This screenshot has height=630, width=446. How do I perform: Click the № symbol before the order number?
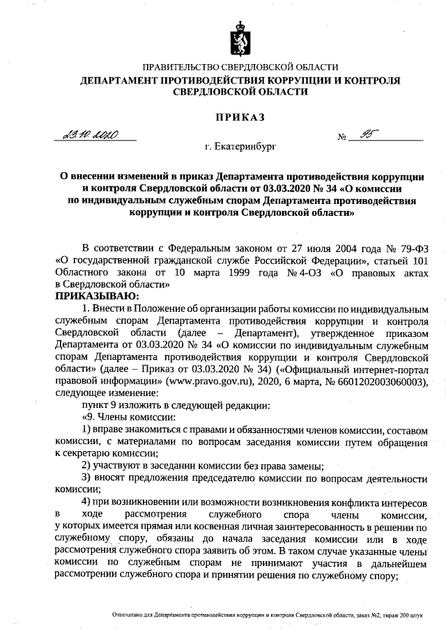tap(342, 137)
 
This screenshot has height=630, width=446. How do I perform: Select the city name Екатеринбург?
tap(241, 148)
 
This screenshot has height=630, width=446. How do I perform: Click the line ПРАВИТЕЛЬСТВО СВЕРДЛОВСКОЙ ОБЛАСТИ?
tap(240, 68)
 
